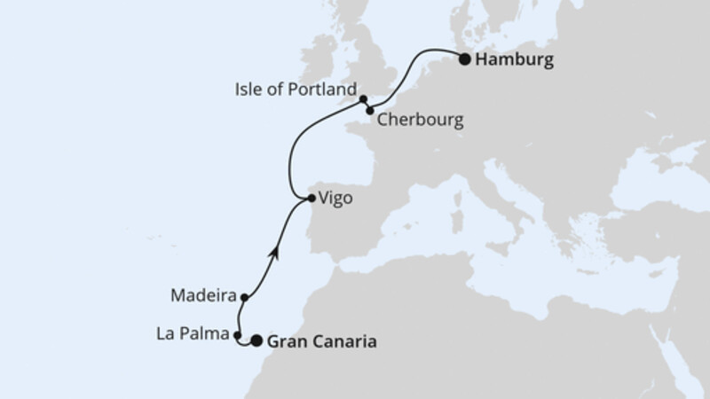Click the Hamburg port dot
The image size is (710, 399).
(x=464, y=60)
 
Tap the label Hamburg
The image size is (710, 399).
(x=515, y=61)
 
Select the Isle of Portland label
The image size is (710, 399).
(x=296, y=90)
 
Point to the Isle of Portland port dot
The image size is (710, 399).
(x=363, y=99)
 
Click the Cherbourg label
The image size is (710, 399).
(x=420, y=120)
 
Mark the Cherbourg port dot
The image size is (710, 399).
(x=370, y=111)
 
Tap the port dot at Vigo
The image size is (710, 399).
(x=310, y=198)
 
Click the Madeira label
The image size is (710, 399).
(x=204, y=293)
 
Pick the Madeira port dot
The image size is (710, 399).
(x=243, y=298)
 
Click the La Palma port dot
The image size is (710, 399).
(x=237, y=335)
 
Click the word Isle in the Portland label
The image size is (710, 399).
(x=252, y=90)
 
